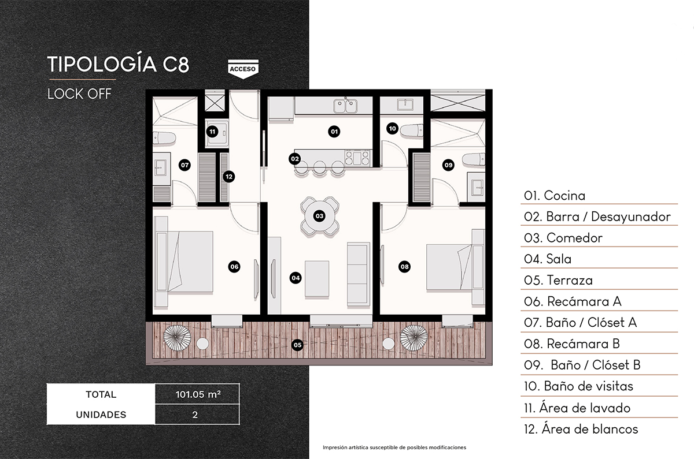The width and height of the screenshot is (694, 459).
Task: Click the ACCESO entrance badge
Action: click(243, 69)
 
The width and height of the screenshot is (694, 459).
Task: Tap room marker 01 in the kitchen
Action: click(334, 132)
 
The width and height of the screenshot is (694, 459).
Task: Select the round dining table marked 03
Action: click(319, 216)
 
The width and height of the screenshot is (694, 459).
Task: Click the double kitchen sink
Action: click(345, 106)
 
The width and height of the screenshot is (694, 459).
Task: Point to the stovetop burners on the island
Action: click(357, 158)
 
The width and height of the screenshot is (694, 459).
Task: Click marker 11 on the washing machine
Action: click(212, 132)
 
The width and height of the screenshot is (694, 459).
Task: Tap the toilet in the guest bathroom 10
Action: click(412, 130)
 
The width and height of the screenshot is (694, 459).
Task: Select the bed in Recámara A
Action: click(185, 262)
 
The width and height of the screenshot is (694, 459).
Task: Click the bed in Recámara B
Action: click(456, 267)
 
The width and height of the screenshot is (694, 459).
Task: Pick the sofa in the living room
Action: click(359, 274)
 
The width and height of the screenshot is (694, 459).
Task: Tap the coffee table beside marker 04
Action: click(317, 279)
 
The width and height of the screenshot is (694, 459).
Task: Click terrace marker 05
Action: click(297, 345)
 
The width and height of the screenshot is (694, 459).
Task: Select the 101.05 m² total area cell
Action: click(197, 394)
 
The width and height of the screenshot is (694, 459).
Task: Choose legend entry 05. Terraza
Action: click(558, 280)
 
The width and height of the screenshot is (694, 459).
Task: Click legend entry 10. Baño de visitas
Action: click(578, 386)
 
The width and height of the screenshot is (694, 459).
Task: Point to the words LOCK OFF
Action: click(79, 94)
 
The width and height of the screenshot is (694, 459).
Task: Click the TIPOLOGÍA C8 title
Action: click(118, 64)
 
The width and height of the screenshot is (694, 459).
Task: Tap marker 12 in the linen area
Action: click(229, 177)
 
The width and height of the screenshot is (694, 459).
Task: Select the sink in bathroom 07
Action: click(161, 168)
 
